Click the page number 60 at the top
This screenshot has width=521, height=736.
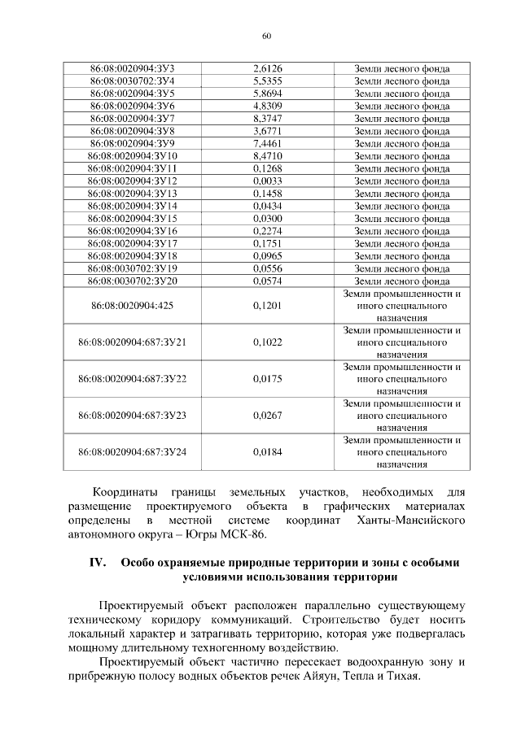(x=267, y=35)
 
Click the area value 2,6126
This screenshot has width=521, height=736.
(x=268, y=68)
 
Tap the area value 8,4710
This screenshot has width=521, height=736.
(x=268, y=155)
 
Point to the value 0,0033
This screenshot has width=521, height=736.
(x=268, y=181)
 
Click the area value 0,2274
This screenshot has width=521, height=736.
(x=268, y=231)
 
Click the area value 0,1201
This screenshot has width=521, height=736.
(x=268, y=305)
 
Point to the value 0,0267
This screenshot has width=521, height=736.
(x=268, y=416)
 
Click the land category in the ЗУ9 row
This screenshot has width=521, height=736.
(x=402, y=143)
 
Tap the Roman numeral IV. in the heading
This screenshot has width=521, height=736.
(x=99, y=563)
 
